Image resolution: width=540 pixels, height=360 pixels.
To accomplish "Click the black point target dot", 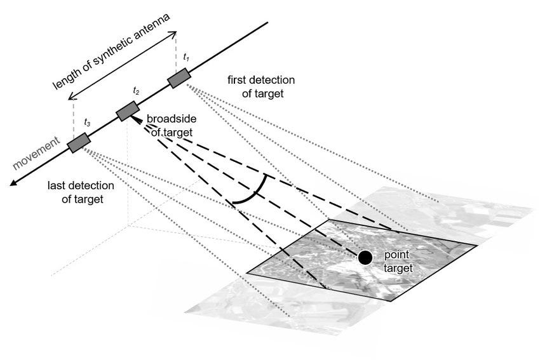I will coord(365,257).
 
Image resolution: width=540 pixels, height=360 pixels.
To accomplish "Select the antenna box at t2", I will coord(128,111).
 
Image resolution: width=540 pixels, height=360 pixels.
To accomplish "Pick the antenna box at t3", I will coord(79,143).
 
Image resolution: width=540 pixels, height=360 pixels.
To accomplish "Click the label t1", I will coord(186,58).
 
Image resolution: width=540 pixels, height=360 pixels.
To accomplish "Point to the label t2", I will coord(136,91).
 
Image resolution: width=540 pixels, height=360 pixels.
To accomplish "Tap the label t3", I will coord(87,121).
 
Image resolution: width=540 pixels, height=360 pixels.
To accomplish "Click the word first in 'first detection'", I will coord(238,81).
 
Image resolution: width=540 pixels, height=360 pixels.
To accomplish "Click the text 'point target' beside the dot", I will coord(398,261).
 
